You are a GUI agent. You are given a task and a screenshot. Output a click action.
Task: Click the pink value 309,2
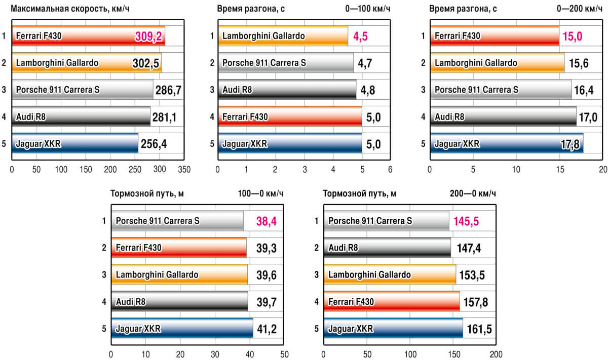(x=149, y=36)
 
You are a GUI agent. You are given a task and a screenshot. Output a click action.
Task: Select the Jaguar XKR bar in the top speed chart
(x=74, y=144)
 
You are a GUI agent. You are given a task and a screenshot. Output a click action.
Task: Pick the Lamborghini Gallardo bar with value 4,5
(x=283, y=36)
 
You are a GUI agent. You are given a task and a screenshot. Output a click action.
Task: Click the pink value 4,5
(x=361, y=36)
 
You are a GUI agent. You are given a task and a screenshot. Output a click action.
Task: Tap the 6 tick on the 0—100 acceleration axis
(x=390, y=170)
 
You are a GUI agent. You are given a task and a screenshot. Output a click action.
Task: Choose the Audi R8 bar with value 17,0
(x=503, y=117)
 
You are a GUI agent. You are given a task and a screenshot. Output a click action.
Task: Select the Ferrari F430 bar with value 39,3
(x=178, y=248)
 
